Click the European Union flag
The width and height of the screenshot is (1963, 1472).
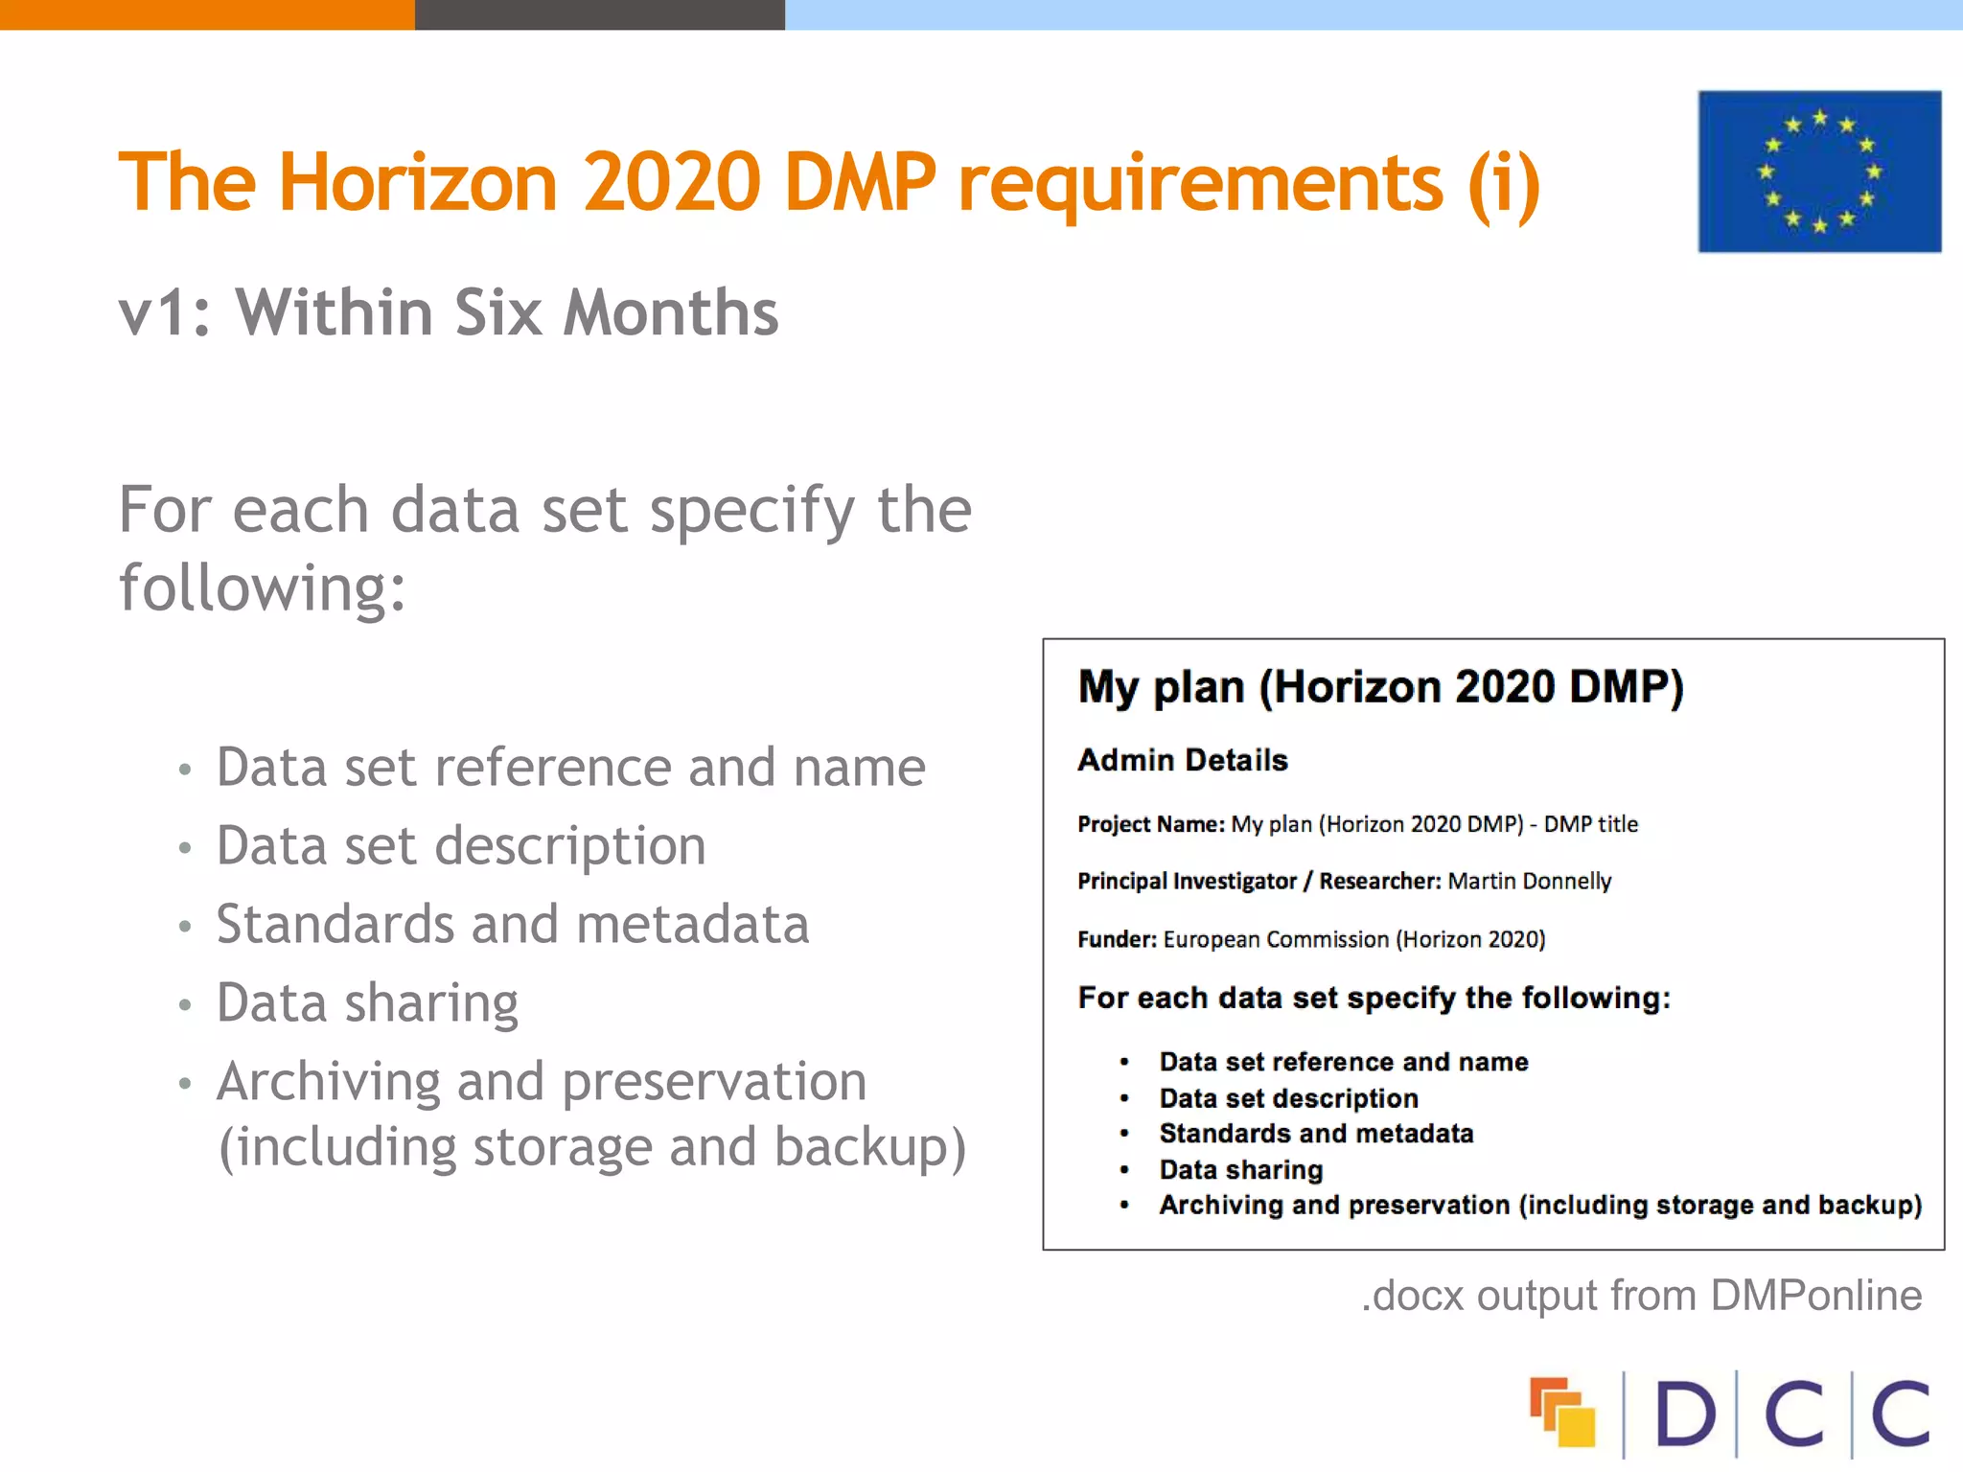click(x=1818, y=172)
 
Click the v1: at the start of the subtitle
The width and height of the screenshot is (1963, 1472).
click(x=164, y=314)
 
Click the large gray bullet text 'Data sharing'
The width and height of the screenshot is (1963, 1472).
click(x=367, y=1003)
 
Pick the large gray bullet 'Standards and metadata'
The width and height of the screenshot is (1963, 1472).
click(x=513, y=924)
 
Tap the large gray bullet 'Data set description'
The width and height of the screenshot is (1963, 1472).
click(x=461, y=846)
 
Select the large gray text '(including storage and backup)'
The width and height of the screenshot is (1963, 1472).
click(x=592, y=1147)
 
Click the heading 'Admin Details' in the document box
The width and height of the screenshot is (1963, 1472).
click(x=1183, y=760)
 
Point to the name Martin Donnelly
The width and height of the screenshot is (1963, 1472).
click(x=1530, y=881)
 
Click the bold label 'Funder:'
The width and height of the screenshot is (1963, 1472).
click(x=1117, y=939)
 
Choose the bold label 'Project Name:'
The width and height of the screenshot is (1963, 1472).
click(x=1151, y=824)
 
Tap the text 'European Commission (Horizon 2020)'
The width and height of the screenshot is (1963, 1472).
click(x=1354, y=939)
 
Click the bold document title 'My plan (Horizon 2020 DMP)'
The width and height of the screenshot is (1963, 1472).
click(x=1380, y=687)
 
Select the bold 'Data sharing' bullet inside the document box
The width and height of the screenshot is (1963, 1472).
click(x=1241, y=1169)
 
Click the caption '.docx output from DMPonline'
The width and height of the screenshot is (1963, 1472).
click(x=1641, y=1296)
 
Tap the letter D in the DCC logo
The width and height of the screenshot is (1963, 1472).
click(x=1684, y=1414)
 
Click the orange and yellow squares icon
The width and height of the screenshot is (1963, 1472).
click(x=1562, y=1412)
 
